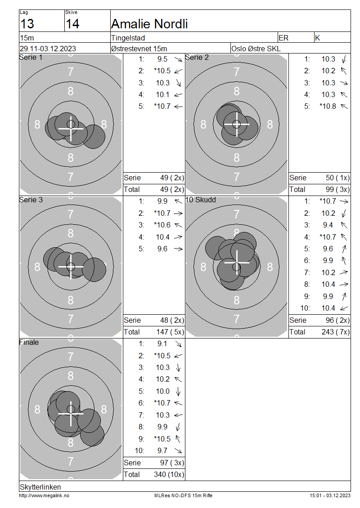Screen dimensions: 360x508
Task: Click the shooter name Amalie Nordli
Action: [149, 24]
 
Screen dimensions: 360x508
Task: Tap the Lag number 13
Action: [27, 24]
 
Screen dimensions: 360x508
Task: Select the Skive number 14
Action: [72, 24]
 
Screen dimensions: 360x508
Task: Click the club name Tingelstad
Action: [128, 38]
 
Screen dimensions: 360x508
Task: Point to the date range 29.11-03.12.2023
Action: [48, 49]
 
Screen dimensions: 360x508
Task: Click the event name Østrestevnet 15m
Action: [139, 49]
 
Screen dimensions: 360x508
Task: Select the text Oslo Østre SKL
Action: [256, 49]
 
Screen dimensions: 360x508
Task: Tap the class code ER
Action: [283, 38]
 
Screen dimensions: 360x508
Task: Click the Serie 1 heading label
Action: [31, 58]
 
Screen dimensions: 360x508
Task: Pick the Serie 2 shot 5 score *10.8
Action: [328, 106]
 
